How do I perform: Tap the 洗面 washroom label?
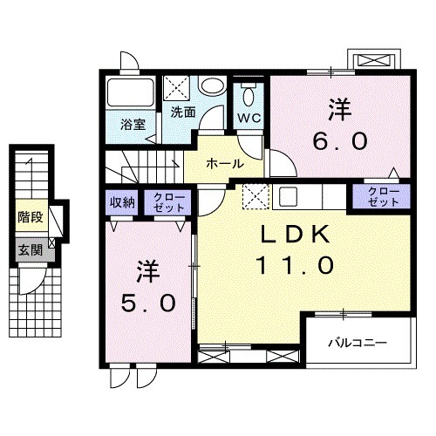tap(182, 112)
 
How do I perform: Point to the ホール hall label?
tap(225, 163)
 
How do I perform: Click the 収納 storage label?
tap(122, 203)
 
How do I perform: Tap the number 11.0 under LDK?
tap(295, 264)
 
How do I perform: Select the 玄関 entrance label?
tap(30, 249)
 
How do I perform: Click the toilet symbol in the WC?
tap(248, 93)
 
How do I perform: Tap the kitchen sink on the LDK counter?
tap(289, 195)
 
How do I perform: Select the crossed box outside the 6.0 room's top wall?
tap(375, 60)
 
